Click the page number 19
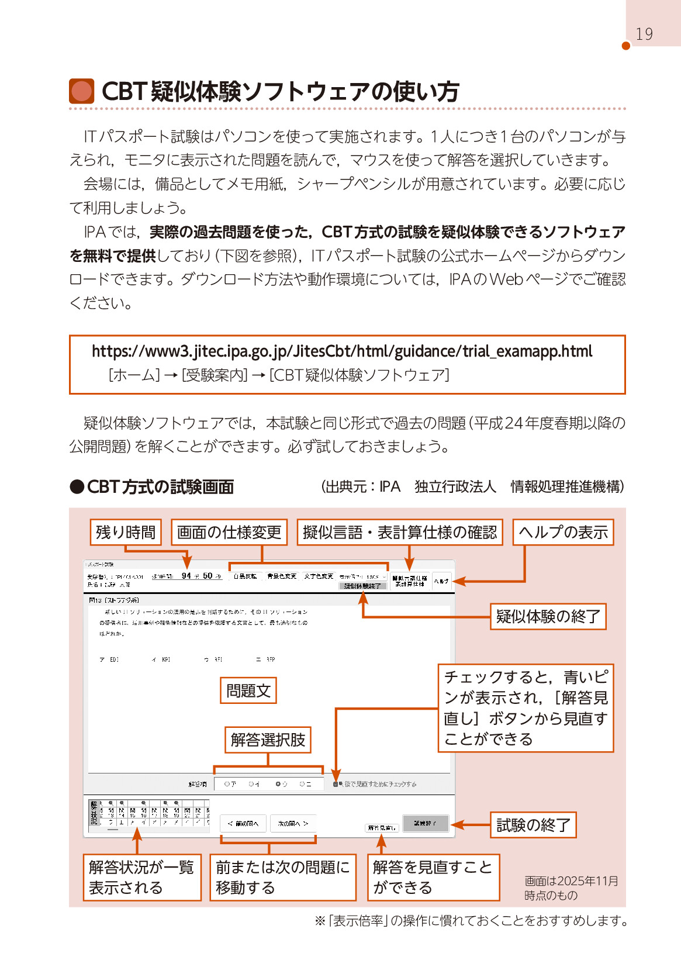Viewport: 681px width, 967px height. coord(644,34)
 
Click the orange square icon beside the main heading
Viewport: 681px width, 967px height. coord(81,91)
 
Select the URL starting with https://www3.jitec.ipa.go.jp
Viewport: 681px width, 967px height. coord(342,351)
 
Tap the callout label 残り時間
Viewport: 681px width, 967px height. coord(126,532)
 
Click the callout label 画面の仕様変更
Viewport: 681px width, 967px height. coord(229,532)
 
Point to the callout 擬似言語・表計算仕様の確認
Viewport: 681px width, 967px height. coord(400,532)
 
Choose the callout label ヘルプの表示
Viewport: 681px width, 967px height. coord(563,532)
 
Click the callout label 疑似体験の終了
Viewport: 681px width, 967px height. coord(548,616)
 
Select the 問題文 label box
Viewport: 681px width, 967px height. coord(248,690)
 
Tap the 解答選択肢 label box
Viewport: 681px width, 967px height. coord(268,740)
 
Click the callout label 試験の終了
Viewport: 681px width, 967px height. coord(533,825)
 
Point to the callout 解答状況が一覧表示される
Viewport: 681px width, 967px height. coord(142,877)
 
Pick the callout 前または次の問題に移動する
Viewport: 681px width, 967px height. coord(283,877)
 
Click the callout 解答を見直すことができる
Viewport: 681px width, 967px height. coord(433,877)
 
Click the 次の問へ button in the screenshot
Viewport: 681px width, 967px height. coord(293,823)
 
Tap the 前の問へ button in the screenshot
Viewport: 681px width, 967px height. coord(243,823)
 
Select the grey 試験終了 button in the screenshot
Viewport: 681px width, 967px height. coord(426,823)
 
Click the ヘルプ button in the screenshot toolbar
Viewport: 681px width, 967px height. coord(441,581)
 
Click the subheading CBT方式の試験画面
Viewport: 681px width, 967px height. coord(160,486)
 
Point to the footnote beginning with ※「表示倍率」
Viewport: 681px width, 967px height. coord(471,921)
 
